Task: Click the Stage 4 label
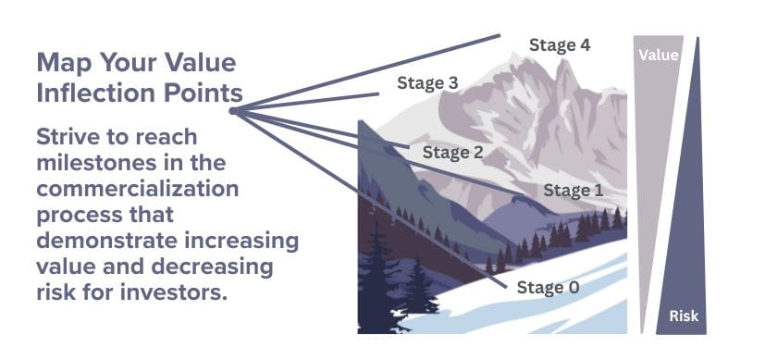coord(560,43)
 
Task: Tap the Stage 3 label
coord(427,82)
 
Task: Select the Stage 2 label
coord(453,152)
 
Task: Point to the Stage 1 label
coord(573,191)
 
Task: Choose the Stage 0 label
coord(549,288)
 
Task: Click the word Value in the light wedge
coord(659,56)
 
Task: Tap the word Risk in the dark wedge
coord(685,318)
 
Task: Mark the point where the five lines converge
coord(232,110)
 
